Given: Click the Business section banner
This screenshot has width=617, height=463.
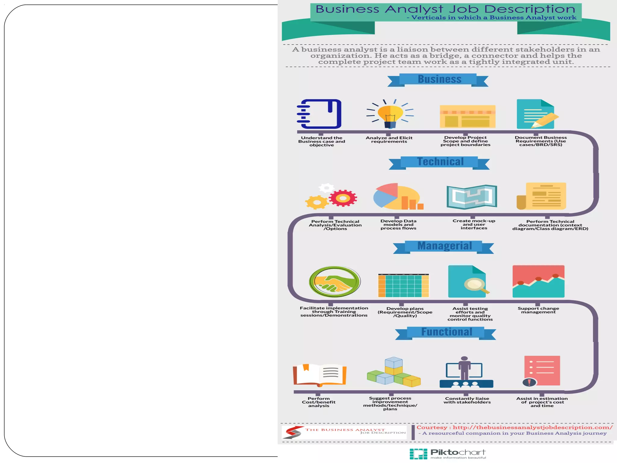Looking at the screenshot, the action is tap(438, 80).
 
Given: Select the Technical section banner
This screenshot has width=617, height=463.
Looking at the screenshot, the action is tap(440, 162).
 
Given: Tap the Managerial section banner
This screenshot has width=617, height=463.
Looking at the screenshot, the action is tap(444, 246).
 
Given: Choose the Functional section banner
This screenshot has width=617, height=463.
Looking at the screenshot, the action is tap(446, 332).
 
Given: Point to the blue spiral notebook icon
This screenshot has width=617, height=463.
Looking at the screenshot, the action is tap(320, 114).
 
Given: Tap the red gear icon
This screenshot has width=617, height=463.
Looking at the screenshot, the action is tap(343, 198).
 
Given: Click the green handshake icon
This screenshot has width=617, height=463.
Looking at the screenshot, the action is tap(334, 282).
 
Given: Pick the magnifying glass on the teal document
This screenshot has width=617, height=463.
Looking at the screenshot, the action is tap(475, 285).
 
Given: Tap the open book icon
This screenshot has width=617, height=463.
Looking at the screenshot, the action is tap(320, 375).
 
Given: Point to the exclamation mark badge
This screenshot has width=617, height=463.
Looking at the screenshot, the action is tap(529, 382).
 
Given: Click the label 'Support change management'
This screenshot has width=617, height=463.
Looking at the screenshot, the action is tap(538, 310).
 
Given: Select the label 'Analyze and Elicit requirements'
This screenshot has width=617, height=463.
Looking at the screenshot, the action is tap(389, 140).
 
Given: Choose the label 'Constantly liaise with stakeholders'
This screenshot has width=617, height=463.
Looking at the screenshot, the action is tap(467, 400).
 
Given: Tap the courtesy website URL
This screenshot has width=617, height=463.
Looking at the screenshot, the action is tap(532, 427).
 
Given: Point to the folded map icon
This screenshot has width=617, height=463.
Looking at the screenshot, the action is tap(471, 197).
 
